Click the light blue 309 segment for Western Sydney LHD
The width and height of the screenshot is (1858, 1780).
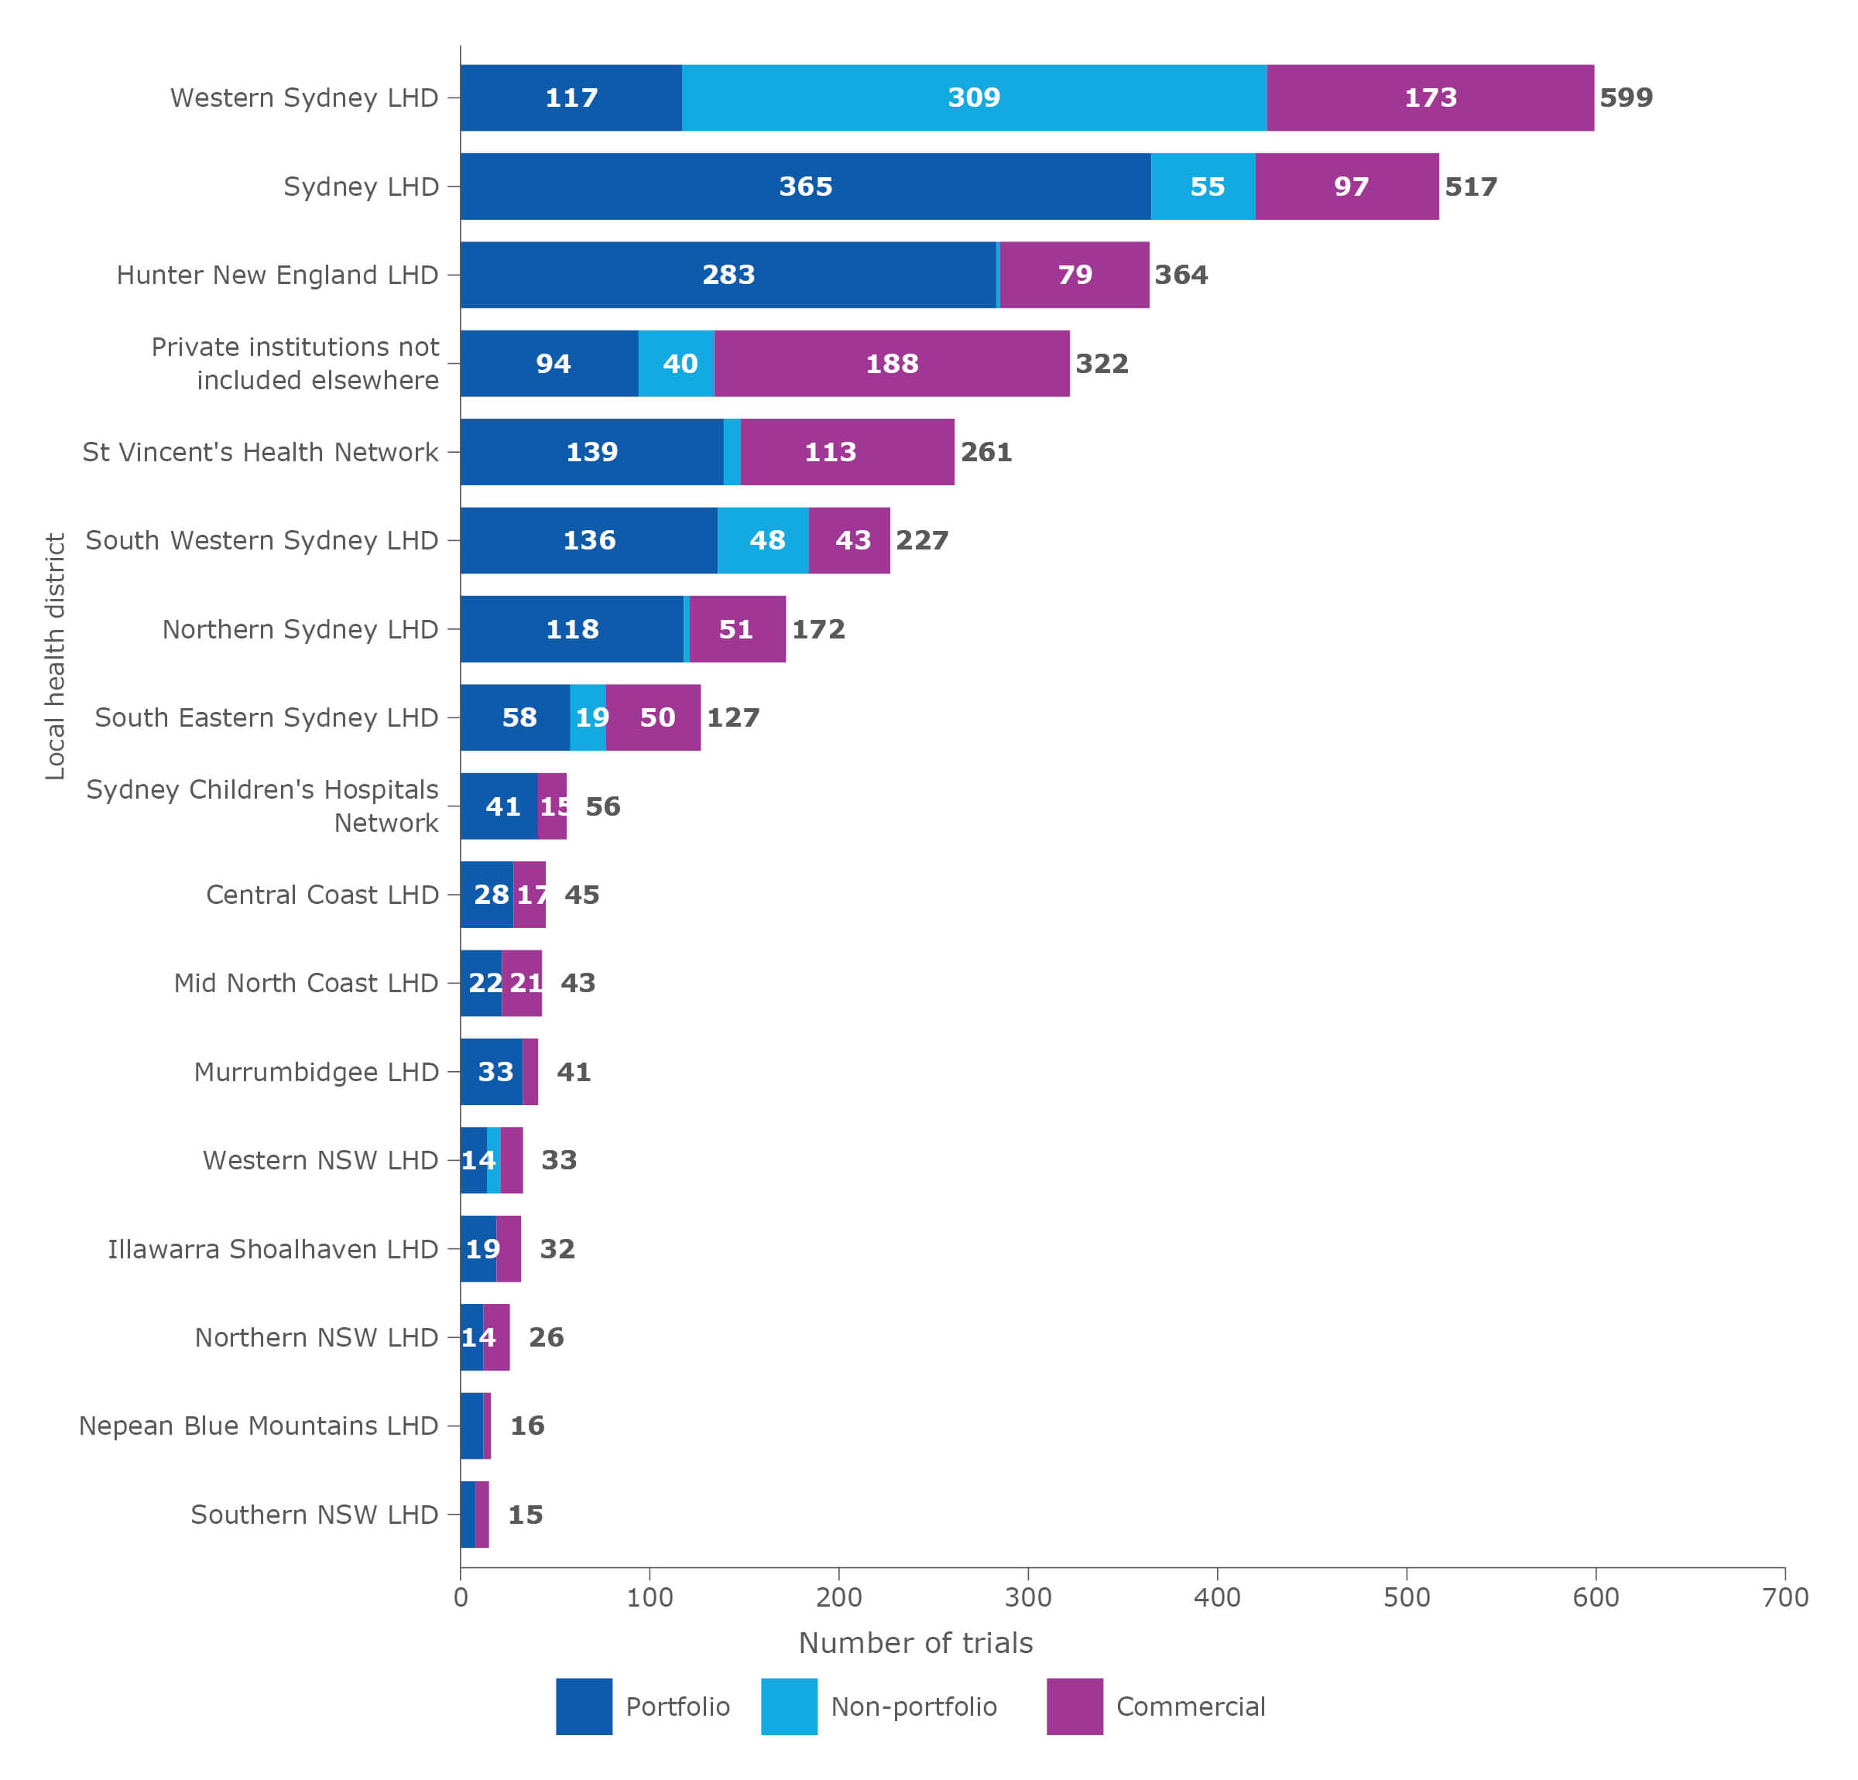974,98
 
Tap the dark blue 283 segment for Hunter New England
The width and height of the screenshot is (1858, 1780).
728,275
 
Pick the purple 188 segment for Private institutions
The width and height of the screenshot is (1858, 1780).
891,364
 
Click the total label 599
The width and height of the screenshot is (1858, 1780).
1625,98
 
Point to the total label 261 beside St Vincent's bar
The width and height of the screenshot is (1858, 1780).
986,452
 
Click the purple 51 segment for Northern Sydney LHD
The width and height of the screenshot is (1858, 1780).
736,629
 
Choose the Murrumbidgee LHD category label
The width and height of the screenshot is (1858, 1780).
316,1072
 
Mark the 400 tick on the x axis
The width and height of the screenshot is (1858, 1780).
1217,1598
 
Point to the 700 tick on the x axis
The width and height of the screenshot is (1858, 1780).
1784,1598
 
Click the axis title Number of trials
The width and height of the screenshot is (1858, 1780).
915,1642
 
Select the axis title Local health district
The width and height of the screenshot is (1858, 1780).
55,656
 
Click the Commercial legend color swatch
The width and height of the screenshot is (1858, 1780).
1074,1707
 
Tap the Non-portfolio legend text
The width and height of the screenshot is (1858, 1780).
913,1707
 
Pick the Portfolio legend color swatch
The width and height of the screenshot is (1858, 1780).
584,1707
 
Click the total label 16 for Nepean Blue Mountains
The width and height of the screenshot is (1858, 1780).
527,1426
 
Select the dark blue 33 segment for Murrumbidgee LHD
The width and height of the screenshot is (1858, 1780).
492,1072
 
